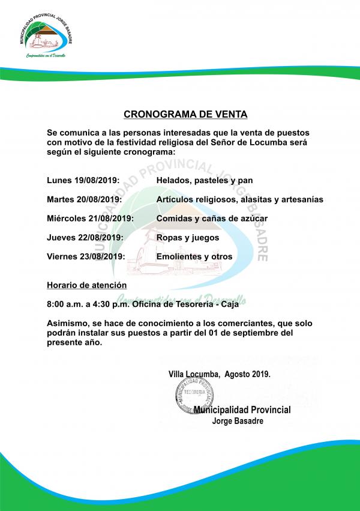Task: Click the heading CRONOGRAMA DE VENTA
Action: click(x=185, y=113)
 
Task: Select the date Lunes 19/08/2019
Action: click(x=83, y=180)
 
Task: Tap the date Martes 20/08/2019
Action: click(x=85, y=199)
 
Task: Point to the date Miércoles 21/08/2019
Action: click(x=90, y=219)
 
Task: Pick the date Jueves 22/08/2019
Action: click(x=85, y=238)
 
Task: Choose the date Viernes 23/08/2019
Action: click(x=86, y=257)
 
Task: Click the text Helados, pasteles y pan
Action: click(x=205, y=180)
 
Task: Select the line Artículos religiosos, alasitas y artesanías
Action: click(x=239, y=199)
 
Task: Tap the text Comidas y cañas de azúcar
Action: click(x=212, y=219)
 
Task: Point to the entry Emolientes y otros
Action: click(x=194, y=257)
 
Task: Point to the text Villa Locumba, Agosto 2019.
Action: click(x=219, y=373)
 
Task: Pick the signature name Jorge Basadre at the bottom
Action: click(x=237, y=421)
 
